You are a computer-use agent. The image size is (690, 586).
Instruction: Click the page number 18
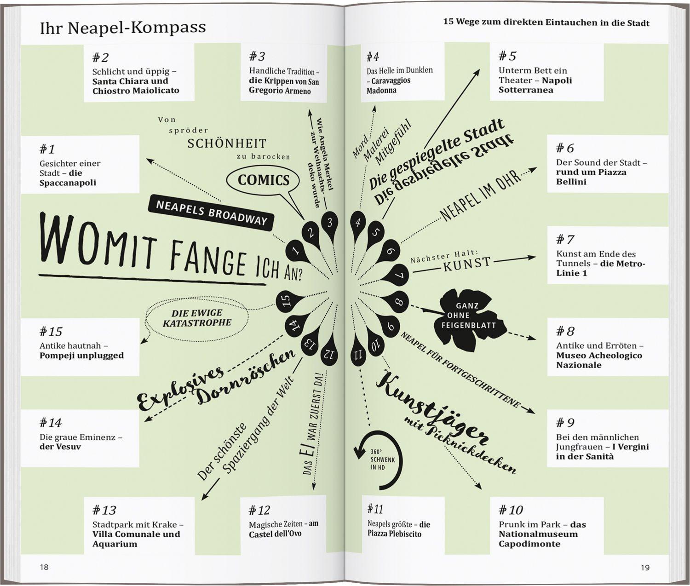point(44,567)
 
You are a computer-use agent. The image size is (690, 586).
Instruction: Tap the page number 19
point(645,567)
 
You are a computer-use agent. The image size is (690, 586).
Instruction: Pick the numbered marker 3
point(329,225)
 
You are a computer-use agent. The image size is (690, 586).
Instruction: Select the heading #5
point(507,56)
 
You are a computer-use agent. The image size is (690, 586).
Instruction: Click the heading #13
point(104,510)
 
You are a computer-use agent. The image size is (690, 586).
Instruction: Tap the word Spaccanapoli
point(68,183)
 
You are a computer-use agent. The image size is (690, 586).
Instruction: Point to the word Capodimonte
point(529,544)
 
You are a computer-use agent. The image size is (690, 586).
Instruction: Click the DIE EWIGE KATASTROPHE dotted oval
point(197,318)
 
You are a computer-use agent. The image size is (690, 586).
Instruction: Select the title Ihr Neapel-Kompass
point(122,28)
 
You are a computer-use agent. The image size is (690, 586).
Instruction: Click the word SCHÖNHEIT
point(227,144)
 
